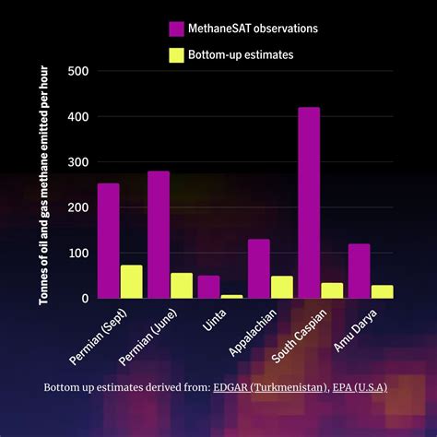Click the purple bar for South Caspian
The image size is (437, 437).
(x=309, y=203)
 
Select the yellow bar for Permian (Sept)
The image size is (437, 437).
(x=132, y=282)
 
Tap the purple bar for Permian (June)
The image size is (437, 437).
(x=159, y=235)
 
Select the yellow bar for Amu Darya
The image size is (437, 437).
(x=383, y=291)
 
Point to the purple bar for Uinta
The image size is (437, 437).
(x=208, y=287)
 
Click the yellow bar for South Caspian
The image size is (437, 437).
(x=332, y=290)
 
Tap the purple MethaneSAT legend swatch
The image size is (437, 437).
(x=176, y=30)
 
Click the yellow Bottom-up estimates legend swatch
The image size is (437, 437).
(x=176, y=55)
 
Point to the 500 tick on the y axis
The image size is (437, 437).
(x=78, y=72)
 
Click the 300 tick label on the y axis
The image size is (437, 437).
(x=78, y=162)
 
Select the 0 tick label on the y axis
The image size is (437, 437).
(x=86, y=299)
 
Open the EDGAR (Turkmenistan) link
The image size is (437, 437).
(x=268, y=388)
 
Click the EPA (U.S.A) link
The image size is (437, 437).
(x=360, y=388)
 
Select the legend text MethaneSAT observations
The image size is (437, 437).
(x=254, y=30)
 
